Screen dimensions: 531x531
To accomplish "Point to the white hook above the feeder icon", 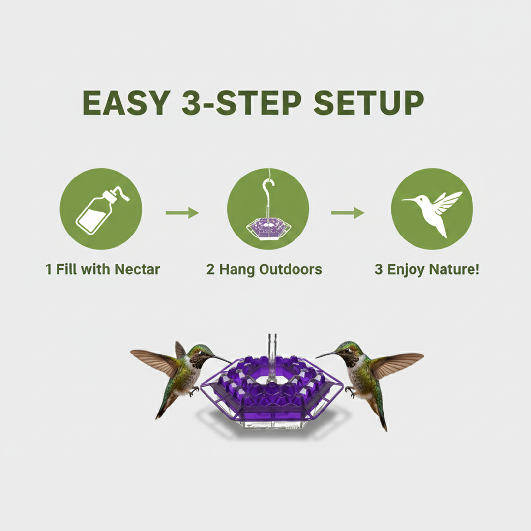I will click(268, 189).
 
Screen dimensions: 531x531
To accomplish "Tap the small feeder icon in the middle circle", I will click(268, 228).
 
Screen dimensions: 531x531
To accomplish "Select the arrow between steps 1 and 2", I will click(182, 213).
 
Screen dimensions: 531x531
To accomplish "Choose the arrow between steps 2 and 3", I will click(348, 213).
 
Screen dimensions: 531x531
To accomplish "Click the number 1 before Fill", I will click(49, 269).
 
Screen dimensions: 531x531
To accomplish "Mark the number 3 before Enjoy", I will click(378, 269).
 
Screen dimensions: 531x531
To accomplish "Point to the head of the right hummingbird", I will click(346, 353).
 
